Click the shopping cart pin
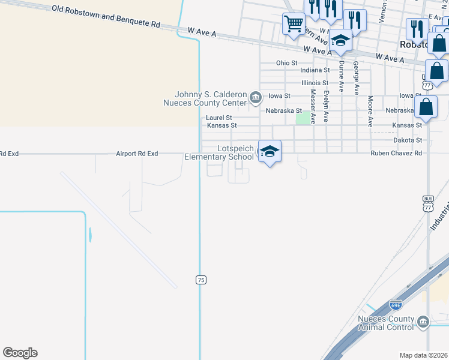294,25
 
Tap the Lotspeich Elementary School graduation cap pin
270,151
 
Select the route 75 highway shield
200,280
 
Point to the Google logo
20,353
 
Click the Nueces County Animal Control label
386,323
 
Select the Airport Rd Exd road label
137,154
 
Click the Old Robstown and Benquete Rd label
106,17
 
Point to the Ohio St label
286,63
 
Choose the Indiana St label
315,70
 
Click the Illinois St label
315,83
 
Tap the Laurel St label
218,118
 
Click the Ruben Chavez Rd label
396,153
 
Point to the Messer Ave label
312,106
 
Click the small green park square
304,118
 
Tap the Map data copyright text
424,355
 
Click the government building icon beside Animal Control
423,323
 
